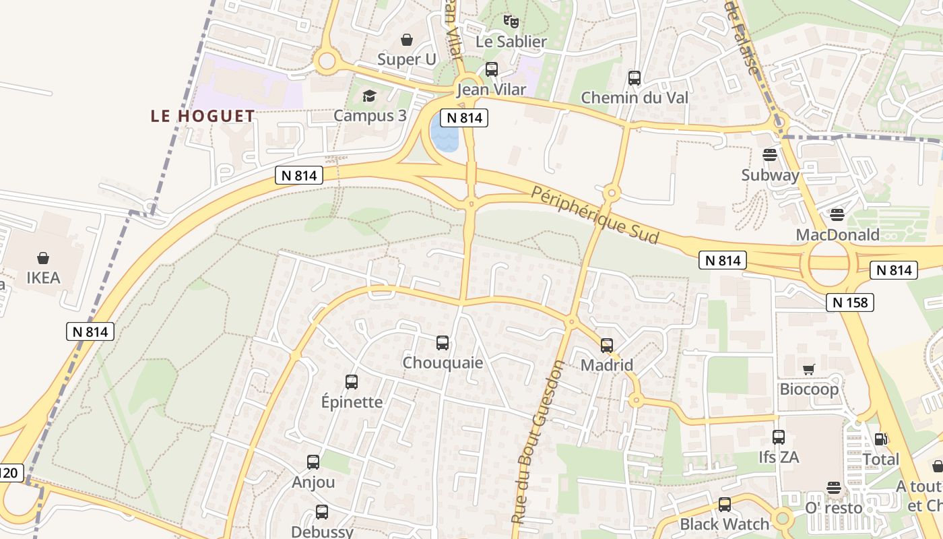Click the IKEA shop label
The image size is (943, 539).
(43, 278)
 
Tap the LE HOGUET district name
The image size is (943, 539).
(203, 116)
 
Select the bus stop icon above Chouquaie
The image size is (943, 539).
(443, 343)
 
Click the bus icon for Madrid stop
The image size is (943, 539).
(607, 346)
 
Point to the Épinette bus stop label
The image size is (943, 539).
(352, 402)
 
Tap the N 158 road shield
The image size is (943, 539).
(850, 303)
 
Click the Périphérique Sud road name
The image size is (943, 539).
(595, 215)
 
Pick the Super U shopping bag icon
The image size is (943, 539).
(407, 40)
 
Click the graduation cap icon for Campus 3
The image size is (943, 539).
(369, 96)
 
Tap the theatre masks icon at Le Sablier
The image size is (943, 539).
(511, 22)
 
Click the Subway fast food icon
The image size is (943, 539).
(770, 155)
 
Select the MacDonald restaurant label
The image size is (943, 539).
(837, 234)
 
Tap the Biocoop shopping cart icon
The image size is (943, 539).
(808, 369)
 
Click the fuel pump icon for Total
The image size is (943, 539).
(880, 439)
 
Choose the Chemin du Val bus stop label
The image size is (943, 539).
(635, 98)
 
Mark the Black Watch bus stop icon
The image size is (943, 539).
(725, 505)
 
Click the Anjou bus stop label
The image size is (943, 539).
(313, 482)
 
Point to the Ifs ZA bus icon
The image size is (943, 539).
(779, 437)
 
